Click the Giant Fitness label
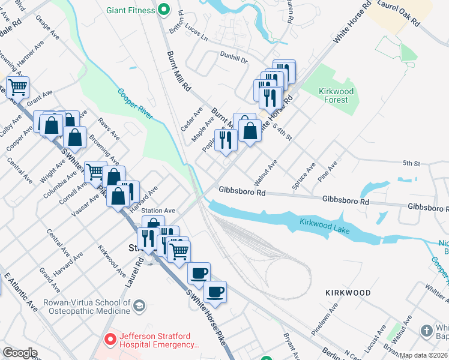click(130, 10)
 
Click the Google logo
click(20, 353)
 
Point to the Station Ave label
click(158, 211)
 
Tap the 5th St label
click(411, 163)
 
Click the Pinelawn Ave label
click(325, 319)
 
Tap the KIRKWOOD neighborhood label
click(348, 292)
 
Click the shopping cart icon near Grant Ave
click(17, 87)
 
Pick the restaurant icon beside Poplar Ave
click(226, 140)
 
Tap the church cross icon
click(426, 331)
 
